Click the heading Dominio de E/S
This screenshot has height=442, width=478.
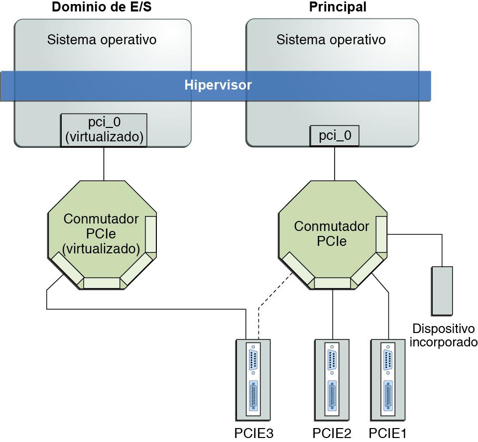click(102, 7)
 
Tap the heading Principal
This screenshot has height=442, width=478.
click(338, 7)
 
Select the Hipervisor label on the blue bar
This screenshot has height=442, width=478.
click(218, 85)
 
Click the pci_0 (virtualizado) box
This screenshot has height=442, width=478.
click(104, 130)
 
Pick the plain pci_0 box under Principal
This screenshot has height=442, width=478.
click(335, 136)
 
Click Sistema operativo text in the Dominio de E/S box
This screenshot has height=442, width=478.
click(102, 40)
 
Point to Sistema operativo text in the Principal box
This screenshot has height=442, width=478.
click(331, 40)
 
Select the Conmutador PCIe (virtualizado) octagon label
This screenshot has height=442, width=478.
click(101, 234)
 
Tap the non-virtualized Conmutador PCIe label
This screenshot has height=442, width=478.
click(332, 234)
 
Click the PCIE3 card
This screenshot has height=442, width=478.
click(253, 380)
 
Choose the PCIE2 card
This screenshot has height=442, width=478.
click(332, 380)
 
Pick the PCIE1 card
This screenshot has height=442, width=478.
click(388, 380)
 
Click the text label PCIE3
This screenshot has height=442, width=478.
click(254, 433)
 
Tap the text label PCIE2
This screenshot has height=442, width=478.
click(332, 433)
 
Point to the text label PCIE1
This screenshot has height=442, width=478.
click(387, 433)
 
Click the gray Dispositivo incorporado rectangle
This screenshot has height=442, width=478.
click(442, 291)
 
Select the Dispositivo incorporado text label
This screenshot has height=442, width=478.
click(444, 335)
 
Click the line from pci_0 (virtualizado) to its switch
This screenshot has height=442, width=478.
click(104, 164)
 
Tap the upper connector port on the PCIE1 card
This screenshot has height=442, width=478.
click(388, 360)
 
